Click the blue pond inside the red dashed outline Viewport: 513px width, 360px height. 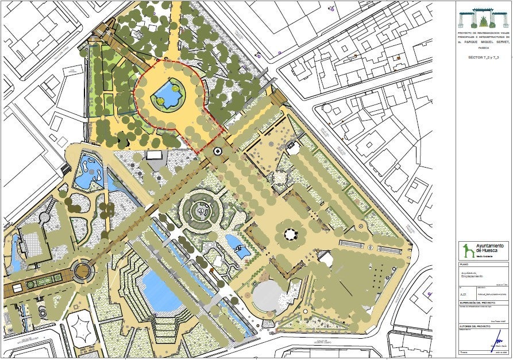[167, 92]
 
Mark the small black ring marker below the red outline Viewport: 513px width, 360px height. [218, 151]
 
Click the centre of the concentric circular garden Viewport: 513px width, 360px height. [200, 211]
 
